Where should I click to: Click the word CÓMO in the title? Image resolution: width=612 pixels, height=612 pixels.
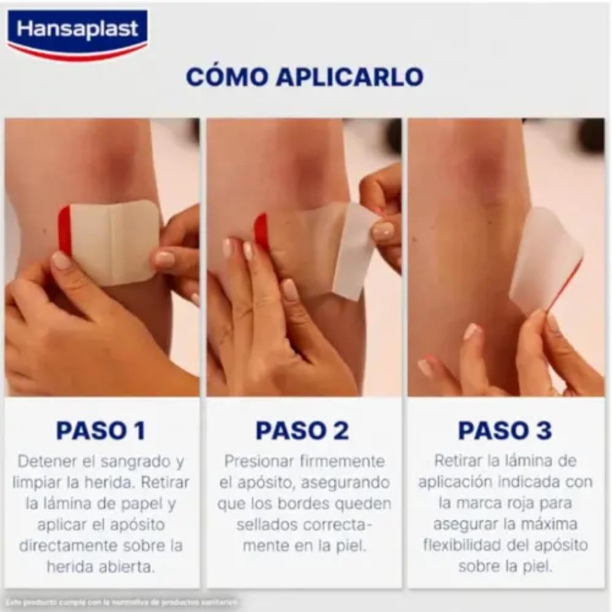tap(225, 77)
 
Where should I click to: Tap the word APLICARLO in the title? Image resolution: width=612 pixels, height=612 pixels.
tap(349, 77)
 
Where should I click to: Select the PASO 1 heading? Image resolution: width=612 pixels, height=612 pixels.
tap(101, 431)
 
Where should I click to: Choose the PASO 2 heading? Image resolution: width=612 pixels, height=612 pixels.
tap(302, 431)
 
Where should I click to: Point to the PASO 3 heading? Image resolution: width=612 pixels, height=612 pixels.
tap(505, 431)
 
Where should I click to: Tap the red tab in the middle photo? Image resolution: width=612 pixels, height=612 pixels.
tap(261, 231)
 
